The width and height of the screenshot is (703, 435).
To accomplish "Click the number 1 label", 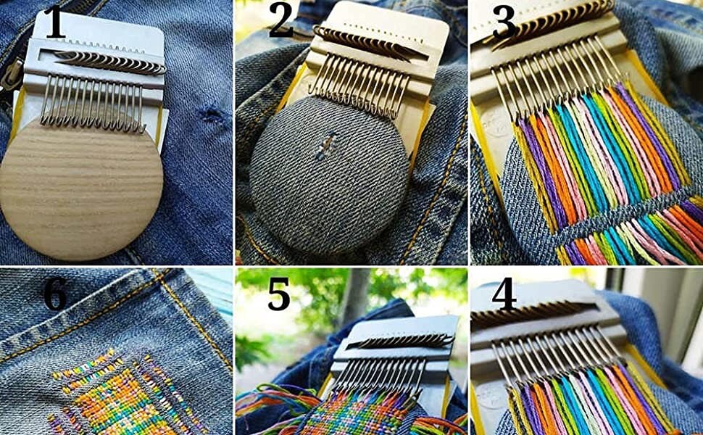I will pyautogui.click(x=54, y=23).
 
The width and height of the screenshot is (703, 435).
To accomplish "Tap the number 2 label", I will pyautogui.click(x=281, y=22).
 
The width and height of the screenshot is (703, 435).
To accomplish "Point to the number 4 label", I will pyautogui.click(x=504, y=294).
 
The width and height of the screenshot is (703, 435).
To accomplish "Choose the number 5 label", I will pyautogui.click(x=280, y=294).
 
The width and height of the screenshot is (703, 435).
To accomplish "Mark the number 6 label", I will pyautogui.click(x=54, y=294).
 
